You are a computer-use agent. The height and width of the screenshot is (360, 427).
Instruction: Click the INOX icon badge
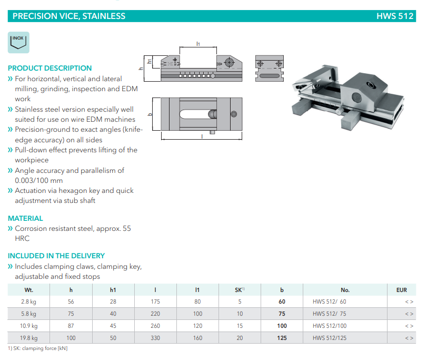tap(19, 42)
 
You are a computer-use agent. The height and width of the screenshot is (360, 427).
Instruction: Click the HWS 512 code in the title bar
tap(395, 16)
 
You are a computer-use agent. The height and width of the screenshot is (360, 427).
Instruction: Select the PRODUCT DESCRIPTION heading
tap(50, 68)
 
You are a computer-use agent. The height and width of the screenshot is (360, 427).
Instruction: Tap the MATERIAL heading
tap(25, 218)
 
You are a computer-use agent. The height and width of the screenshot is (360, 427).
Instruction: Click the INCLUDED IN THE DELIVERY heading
tap(56, 256)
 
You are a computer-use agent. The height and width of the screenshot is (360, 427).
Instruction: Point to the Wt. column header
tap(28, 290)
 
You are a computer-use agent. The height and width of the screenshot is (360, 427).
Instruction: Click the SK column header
tap(240, 290)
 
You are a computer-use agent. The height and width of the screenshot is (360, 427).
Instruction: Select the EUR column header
tap(401, 290)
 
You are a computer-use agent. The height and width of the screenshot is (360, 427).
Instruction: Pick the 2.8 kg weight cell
tap(28, 301)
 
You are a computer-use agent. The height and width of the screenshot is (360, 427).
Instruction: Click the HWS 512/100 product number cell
tap(330, 326)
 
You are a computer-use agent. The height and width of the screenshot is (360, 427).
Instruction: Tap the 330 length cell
tap(156, 338)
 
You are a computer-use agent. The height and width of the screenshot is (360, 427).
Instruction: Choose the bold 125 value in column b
tap(282, 338)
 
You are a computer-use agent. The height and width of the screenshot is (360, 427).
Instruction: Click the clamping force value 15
tap(240, 326)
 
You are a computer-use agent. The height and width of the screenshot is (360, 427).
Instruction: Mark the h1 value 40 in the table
tap(113, 314)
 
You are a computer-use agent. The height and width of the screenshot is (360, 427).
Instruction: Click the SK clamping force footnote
tap(38, 348)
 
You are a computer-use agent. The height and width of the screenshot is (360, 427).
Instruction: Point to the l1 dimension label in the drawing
tap(198, 44)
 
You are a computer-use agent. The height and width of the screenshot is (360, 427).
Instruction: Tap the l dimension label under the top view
tap(202, 136)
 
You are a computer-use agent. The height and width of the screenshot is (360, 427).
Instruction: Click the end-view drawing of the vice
tap(269, 69)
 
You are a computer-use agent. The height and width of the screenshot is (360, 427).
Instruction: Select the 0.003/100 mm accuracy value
tap(39, 181)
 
